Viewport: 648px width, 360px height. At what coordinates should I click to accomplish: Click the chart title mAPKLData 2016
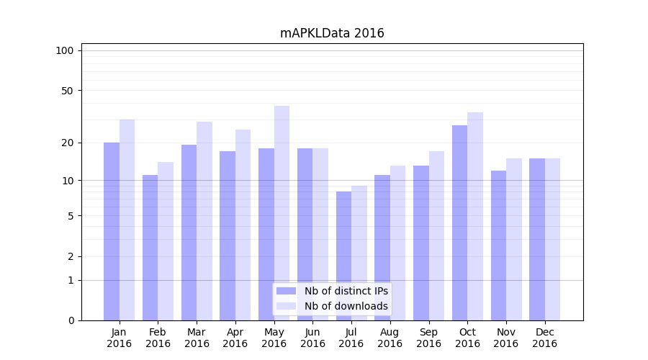332,33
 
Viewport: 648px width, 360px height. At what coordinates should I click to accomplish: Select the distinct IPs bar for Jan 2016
112,231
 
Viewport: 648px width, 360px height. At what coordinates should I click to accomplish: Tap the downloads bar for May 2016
282,213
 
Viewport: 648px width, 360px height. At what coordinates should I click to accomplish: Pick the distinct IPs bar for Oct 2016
459,222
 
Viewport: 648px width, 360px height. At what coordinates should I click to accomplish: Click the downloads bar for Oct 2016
475,216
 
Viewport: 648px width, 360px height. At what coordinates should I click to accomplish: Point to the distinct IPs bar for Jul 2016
343,256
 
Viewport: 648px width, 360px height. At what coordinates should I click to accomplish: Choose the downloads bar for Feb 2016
166,241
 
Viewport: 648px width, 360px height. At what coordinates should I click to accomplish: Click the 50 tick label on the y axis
68,91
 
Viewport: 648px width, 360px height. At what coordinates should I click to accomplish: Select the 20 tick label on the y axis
68,143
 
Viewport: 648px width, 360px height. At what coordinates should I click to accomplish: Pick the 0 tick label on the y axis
71,320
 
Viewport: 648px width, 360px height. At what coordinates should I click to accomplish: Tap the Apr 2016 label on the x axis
235,338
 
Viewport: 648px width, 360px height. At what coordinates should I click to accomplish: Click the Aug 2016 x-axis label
390,338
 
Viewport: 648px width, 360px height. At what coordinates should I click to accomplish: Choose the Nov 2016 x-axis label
506,338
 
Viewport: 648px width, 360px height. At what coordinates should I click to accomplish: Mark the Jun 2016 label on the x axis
312,338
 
